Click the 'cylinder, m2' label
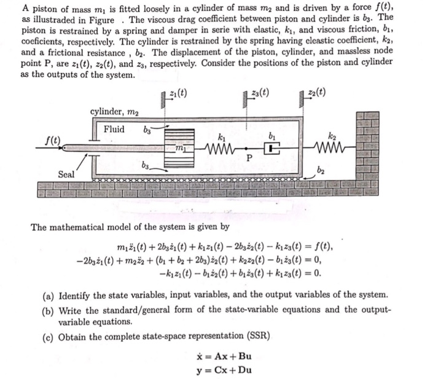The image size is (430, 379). pos(115,111)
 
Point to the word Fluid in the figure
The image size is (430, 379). pos(114,129)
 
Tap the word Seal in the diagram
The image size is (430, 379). pos(66,174)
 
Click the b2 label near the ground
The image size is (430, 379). pos(320,170)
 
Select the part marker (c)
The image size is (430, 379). pos(48,337)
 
